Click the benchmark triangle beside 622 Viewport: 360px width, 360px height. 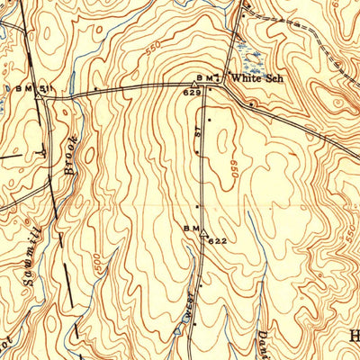[203, 230]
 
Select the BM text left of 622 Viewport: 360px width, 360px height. [190, 229]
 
